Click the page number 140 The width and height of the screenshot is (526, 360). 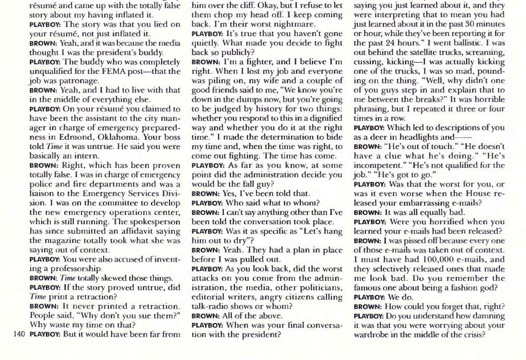[x=19, y=334]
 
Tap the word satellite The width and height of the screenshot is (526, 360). [x=413, y=53]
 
